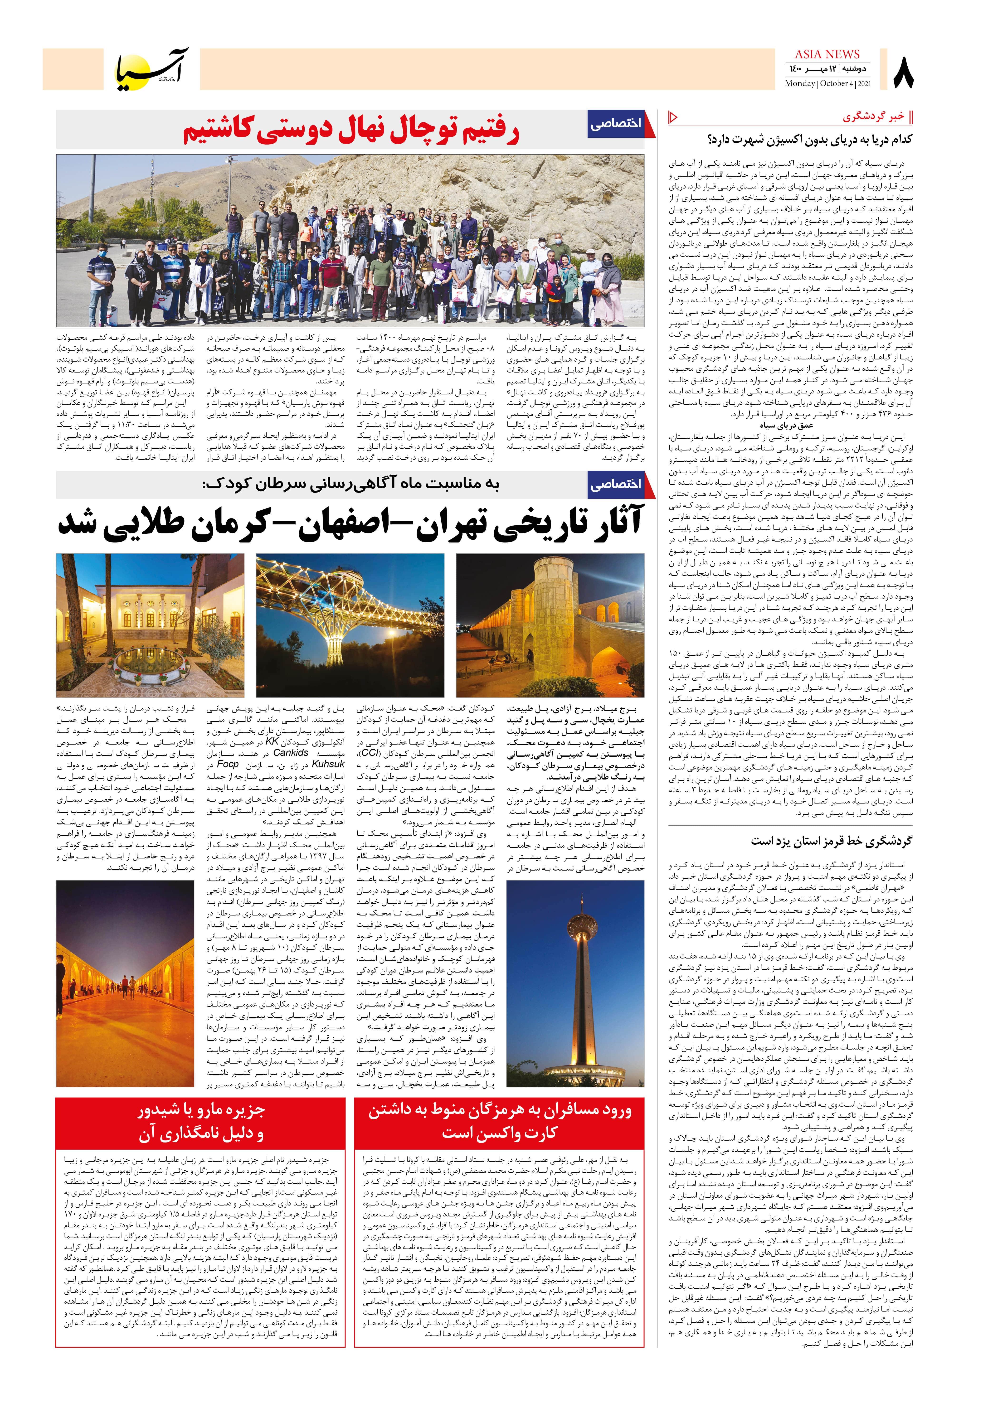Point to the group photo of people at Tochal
350,240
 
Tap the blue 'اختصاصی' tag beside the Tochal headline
615,124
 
